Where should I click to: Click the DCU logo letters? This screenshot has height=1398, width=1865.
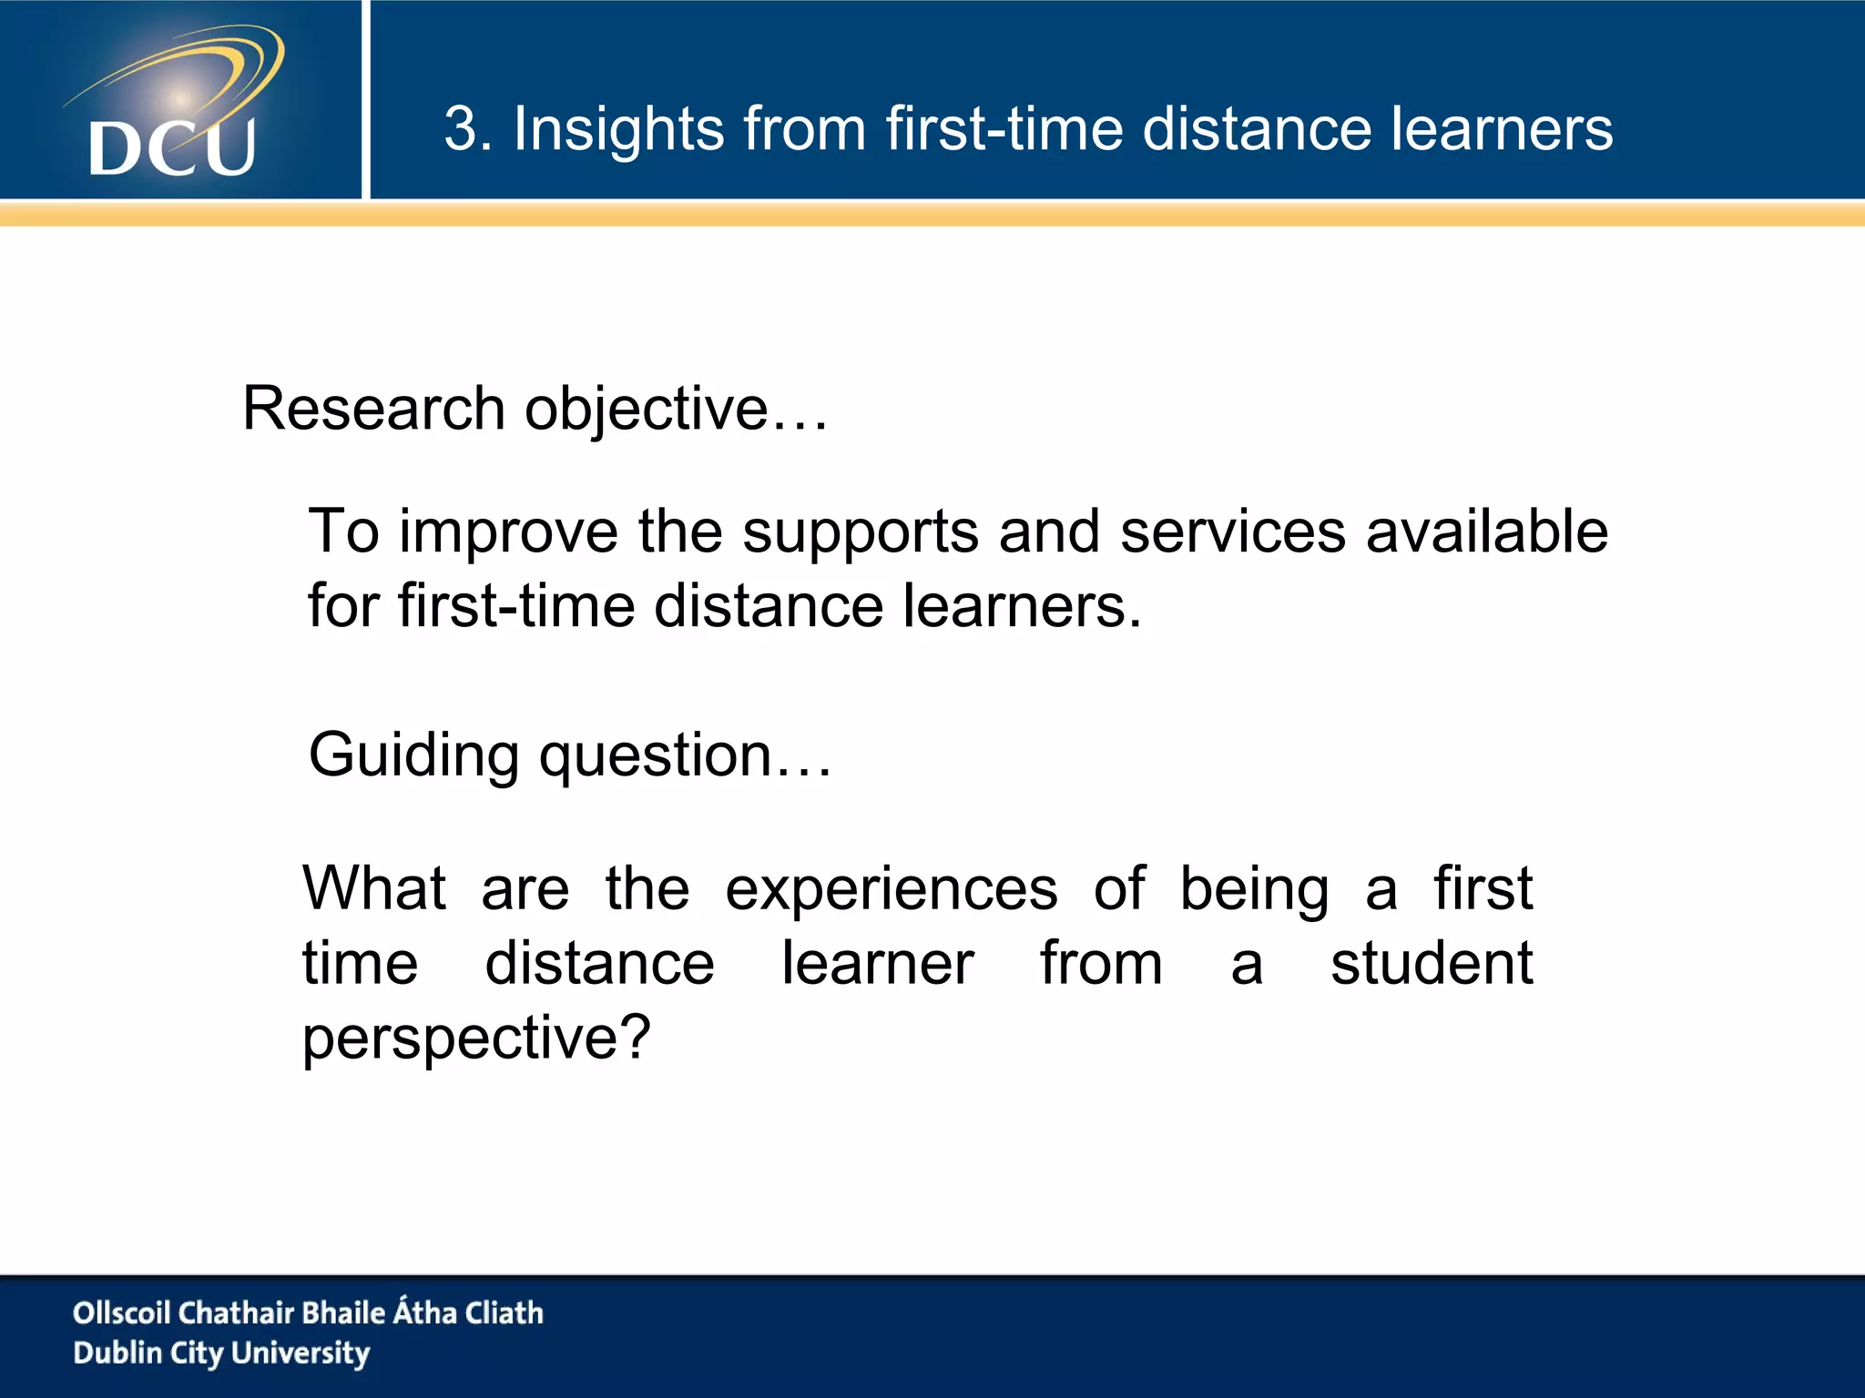tap(172, 147)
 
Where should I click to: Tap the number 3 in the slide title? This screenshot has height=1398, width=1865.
tap(463, 128)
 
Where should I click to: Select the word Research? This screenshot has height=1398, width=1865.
tap(373, 408)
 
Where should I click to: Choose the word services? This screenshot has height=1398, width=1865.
tap(1232, 532)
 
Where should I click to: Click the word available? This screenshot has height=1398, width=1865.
tap(1486, 532)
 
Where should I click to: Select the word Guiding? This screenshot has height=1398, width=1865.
tap(413, 756)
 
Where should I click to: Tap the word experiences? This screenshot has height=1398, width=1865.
tap(892, 890)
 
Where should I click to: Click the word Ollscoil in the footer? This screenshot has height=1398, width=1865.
tap(121, 1312)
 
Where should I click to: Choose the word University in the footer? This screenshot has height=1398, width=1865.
tap(301, 1353)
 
